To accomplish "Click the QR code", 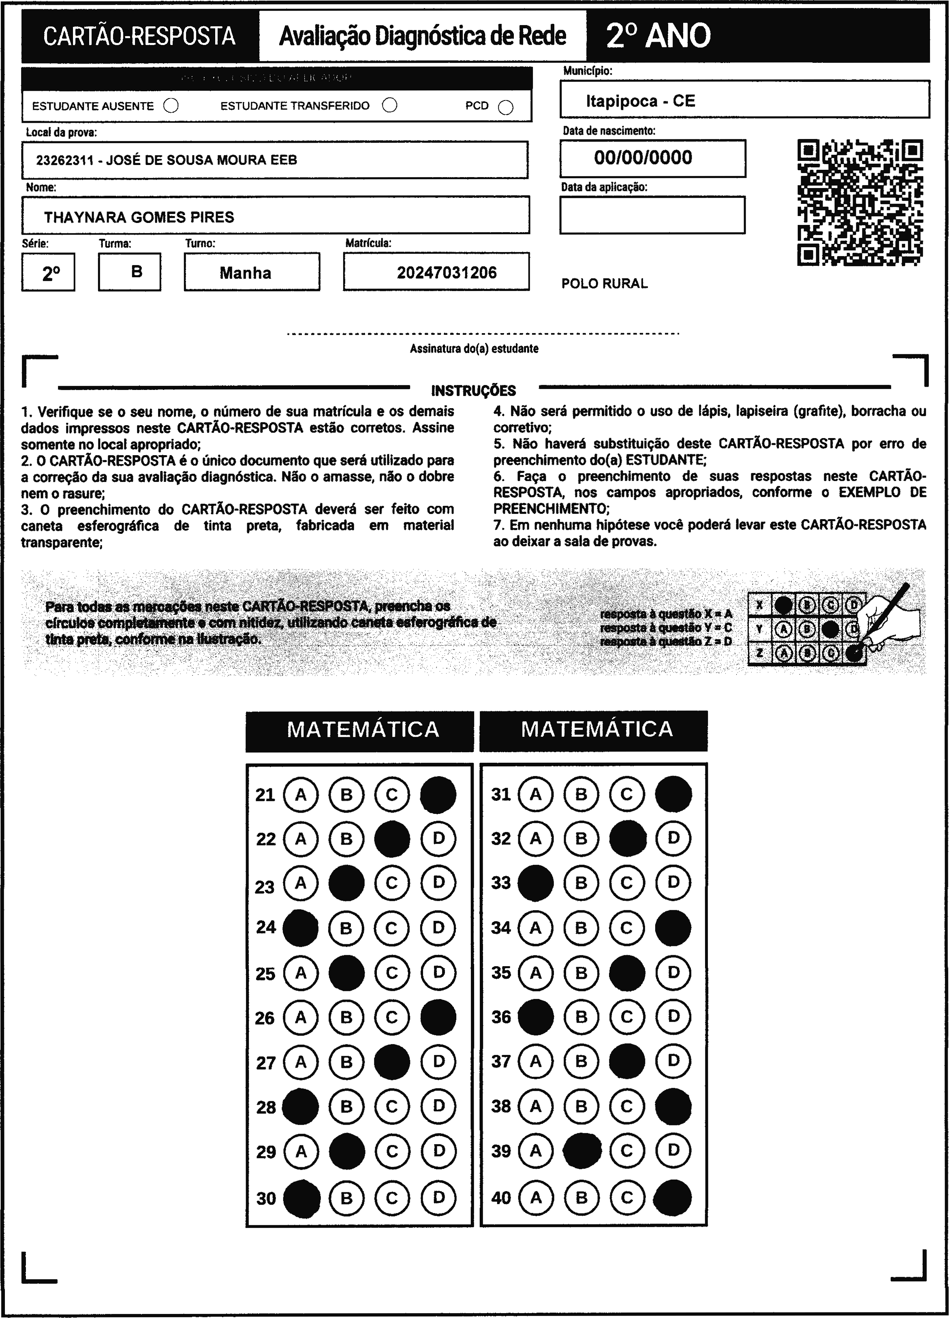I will tap(860, 202).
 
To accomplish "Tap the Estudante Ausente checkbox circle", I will tap(171, 105).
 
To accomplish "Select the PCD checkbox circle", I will tap(506, 107).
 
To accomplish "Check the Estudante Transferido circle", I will tap(389, 105).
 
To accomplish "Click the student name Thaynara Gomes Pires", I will tap(139, 217).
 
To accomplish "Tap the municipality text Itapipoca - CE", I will tap(640, 101).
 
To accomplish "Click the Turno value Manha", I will tap(245, 272).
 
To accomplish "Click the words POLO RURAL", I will tap(605, 284).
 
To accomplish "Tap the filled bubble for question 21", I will tap(438, 794).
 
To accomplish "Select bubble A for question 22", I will tap(300, 839).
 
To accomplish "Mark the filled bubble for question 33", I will tap(535, 883).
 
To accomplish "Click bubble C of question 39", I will tap(626, 1150).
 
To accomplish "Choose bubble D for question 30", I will tap(438, 1197).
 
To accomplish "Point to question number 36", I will tap(501, 1017).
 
